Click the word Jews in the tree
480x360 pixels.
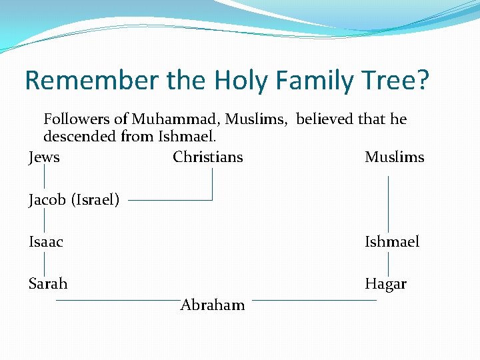tap(44, 157)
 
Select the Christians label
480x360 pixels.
tap(207, 157)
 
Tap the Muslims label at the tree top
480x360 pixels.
tap(394, 157)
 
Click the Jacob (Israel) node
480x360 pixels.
tap(74, 199)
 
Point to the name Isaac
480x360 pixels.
tap(46, 242)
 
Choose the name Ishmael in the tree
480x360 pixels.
tap(392, 242)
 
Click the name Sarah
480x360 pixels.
tap(48, 284)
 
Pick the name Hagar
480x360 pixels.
tap(385, 284)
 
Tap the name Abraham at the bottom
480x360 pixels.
tap(213, 305)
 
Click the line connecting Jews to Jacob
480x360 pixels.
tap(44, 177)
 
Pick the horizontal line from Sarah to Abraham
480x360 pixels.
tap(117, 301)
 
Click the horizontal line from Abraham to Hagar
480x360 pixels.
tap(313, 301)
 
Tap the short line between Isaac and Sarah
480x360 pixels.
tap(44, 263)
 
